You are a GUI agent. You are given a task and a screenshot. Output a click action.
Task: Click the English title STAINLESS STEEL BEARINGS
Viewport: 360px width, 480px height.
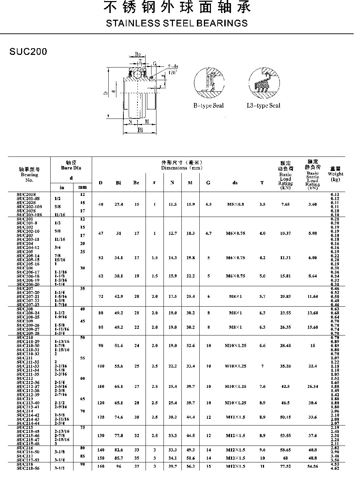click(177, 24)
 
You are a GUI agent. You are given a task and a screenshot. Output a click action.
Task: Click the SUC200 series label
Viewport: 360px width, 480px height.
click(28, 52)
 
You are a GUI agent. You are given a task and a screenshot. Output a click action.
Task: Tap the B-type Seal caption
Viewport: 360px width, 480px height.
click(208, 105)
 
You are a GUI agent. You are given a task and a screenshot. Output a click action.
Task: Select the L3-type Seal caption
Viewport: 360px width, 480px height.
click(263, 105)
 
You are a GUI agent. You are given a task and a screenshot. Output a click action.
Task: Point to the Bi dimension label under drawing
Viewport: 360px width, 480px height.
click(140, 130)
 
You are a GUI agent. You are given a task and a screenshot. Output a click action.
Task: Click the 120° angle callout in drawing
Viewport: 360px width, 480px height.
click(173, 72)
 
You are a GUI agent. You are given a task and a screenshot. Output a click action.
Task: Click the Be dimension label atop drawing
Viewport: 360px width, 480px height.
click(138, 55)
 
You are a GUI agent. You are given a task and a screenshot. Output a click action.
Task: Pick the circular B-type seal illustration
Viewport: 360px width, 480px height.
click(209, 83)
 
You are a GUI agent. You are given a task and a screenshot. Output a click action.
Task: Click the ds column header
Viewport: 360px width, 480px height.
click(235, 183)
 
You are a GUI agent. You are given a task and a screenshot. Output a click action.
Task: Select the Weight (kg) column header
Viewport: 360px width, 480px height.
click(335, 174)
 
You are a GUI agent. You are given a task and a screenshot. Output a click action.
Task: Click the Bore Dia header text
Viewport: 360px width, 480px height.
click(71, 168)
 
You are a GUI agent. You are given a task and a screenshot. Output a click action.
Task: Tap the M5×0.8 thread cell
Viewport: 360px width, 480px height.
click(235, 204)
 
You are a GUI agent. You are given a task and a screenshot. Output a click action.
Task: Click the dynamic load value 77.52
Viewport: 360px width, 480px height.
click(285, 466)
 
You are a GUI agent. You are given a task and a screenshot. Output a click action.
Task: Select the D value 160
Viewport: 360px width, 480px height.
click(101, 466)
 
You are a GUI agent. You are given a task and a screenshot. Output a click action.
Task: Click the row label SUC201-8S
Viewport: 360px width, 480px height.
click(30, 198)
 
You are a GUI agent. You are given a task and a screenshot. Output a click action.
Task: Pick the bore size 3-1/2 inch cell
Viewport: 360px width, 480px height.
click(59, 468)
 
